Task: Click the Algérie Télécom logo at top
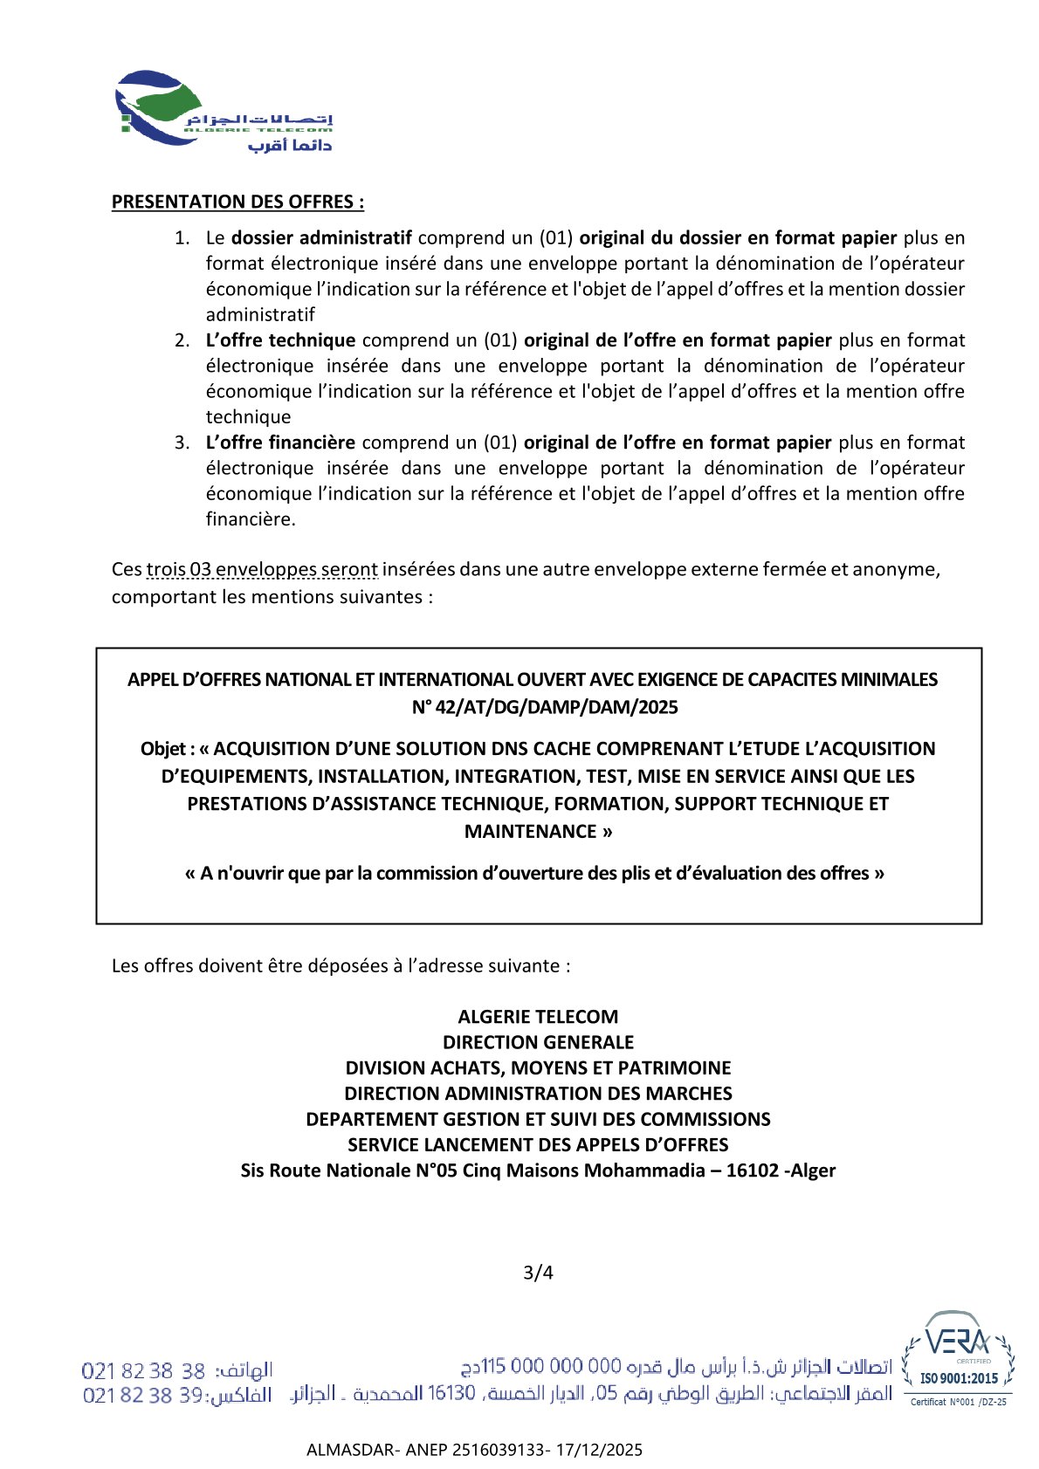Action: click(x=224, y=112)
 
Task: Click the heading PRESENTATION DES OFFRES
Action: click(x=237, y=202)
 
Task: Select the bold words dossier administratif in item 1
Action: click(x=321, y=237)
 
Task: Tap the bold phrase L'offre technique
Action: click(x=280, y=340)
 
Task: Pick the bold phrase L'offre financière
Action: click(x=280, y=442)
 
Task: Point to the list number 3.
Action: click(x=181, y=443)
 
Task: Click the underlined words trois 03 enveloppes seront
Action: click(x=262, y=569)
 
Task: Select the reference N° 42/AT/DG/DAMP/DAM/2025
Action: click(x=545, y=707)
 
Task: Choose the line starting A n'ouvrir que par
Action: click(x=534, y=873)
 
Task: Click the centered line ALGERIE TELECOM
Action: click(x=538, y=1016)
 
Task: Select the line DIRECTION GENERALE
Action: click(x=538, y=1042)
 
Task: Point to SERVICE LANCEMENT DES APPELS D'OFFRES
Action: click(x=538, y=1144)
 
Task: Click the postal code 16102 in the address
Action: click(x=752, y=1170)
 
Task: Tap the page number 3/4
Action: click(x=538, y=1273)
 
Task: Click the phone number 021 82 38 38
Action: click(x=143, y=1370)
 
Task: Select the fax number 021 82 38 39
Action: click(x=143, y=1395)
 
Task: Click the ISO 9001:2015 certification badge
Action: click(x=959, y=1359)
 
